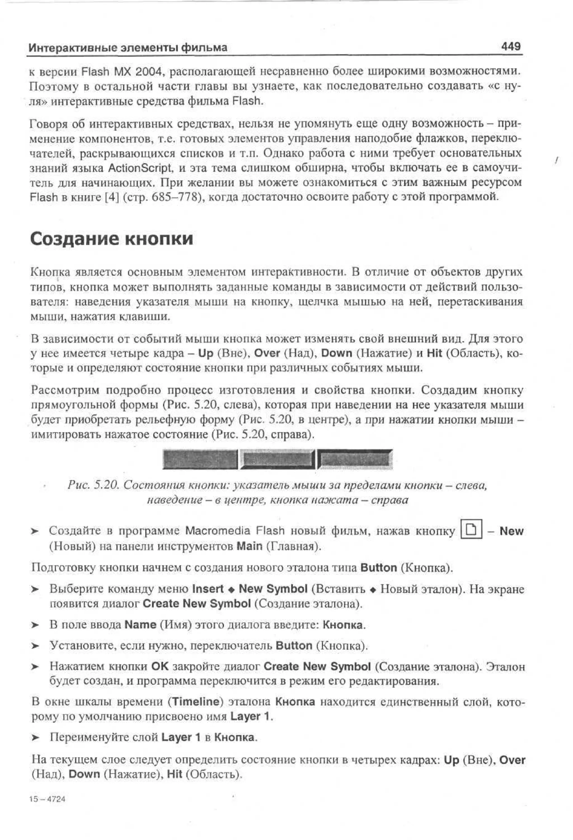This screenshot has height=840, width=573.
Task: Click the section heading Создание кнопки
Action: (111, 239)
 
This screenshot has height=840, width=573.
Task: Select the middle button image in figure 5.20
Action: (278, 459)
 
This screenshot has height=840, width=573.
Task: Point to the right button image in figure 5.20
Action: (355, 459)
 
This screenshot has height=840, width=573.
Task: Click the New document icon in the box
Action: (471, 530)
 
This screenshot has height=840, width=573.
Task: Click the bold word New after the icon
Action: (511, 531)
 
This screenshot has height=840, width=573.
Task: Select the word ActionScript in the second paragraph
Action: (139, 168)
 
